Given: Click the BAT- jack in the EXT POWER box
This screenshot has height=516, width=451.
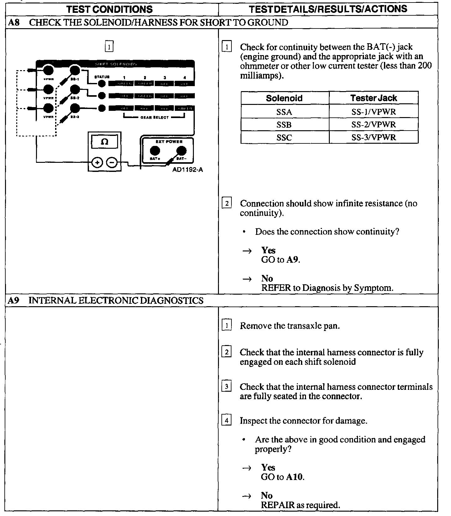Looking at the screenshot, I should pyautogui.click(x=181, y=151).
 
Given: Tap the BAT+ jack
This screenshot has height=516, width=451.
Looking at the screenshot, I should pyautogui.click(x=154, y=151).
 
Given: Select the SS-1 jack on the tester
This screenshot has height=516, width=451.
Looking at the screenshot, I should pyautogui.click(x=75, y=70).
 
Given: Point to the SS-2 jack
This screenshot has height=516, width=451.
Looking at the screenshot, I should pyautogui.click(x=75, y=90).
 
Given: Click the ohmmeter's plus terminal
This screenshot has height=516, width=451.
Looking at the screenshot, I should pyautogui.click(x=97, y=163).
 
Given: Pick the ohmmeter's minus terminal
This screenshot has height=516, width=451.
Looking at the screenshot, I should pyautogui.click(x=112, y=163).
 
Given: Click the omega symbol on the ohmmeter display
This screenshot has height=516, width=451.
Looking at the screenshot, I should pyautogui.click(x=105, y=142).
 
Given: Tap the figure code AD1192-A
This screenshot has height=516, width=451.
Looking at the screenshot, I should pyautogui.click(x=188, y=170).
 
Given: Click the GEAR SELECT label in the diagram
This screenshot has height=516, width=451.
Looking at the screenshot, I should pyautogui.click(x=154, y=117).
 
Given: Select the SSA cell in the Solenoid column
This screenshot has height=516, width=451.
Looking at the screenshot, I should pyautogui.click(x=284, y=112).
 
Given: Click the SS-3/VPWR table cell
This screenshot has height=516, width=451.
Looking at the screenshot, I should pyautogui.click(x=374, y=137).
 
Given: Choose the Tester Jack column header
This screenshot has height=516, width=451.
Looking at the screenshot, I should pyautogui.click(x=374, y=98).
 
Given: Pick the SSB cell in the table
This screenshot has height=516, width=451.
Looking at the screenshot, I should pyautogui.click(x=284, y=125).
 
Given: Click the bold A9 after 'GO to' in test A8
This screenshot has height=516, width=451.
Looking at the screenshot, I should pyautogui.click(x=293, y=260).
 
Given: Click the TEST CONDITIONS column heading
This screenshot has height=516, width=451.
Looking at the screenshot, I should pyautogui.click(x=110, y=9).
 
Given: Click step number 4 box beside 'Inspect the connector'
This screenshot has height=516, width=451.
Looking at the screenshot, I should pyautogui.click(x=226, y=420).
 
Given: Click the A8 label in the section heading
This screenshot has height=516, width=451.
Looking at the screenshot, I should pyautogui.click(x=14, y=22).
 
